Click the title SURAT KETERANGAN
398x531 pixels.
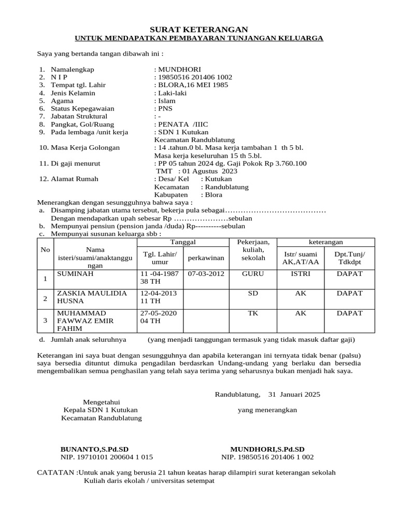click(x=199, y=30)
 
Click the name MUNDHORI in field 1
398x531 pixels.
click(x=179, y=69)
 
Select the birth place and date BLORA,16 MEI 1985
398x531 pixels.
click(x=192, y=85)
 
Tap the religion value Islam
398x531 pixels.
click(x=166, y=101)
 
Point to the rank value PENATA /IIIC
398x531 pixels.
click(x=186, y=124)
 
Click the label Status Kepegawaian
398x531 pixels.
click(x=82, y=109)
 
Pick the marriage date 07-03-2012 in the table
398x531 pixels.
click(x=206, y=273)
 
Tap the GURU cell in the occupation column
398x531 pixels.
click(x=253, y=273)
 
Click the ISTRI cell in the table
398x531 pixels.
click(x=301, y=273)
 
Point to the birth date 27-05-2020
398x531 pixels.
click(x=159, y=313)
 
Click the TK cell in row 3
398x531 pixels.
click(x=253, y=313)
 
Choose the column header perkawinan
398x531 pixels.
click(x=206, y=257)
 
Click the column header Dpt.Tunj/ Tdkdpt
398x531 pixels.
click(x=349, y=257)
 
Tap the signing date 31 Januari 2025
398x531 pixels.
click(x=294, y=394)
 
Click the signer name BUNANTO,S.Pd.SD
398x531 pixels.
click(x=94, y=449)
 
